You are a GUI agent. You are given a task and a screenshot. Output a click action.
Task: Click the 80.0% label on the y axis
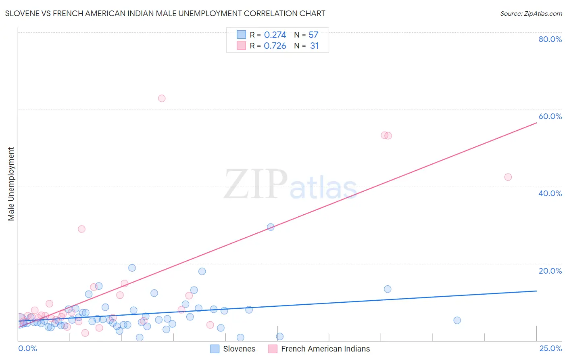(550, 39)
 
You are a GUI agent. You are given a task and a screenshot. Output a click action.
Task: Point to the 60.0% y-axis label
(550, 116)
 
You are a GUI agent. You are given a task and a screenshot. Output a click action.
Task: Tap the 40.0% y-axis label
(550, 193)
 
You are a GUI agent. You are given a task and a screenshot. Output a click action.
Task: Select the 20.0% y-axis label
(550, 271)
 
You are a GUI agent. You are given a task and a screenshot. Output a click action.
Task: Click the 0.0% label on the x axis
(27, 349)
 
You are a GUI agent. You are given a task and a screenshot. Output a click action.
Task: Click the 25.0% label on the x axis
(550, 349)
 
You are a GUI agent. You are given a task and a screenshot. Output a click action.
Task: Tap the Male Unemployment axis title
(11, 184)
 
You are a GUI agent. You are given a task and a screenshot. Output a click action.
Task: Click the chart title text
(165, 13)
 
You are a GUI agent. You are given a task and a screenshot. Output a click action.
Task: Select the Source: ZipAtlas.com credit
(531, 13)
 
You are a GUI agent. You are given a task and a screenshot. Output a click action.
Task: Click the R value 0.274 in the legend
(275, 35)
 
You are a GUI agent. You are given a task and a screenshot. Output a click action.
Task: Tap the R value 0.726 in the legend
(275, 46)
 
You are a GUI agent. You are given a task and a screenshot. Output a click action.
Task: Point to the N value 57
(313, 35)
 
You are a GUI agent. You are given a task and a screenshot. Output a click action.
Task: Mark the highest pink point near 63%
(162, 98)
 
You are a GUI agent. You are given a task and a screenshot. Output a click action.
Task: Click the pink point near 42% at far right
(508, 177)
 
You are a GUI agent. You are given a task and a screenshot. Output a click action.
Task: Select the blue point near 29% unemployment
(271, 227)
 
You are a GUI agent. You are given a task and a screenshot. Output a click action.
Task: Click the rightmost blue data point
(457, 320)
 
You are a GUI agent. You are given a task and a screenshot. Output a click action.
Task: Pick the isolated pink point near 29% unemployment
(81, 229)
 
